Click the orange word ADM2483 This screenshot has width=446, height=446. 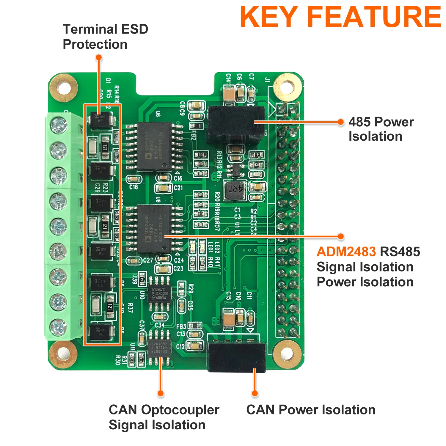(x=346, y=252)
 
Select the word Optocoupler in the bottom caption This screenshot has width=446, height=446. (x=180, y=410)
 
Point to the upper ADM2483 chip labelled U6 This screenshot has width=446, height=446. (x=154, y=146)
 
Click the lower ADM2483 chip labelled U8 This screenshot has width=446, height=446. (x=154, y=228)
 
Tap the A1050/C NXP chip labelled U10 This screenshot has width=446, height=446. (x=160, y=293)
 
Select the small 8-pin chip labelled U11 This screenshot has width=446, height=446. (x=160, y=348)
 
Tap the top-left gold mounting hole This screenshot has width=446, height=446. (x=64, y=88)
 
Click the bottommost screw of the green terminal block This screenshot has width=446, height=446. (x=59, y=327)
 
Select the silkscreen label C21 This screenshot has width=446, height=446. (x=178, y=188)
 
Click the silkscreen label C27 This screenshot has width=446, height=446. (x=148, y=260)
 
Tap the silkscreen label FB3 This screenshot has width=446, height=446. (x=181, y=326)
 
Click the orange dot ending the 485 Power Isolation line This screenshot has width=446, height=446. (x=341, y=122)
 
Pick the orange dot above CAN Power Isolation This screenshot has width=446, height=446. (x=255, y=393)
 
